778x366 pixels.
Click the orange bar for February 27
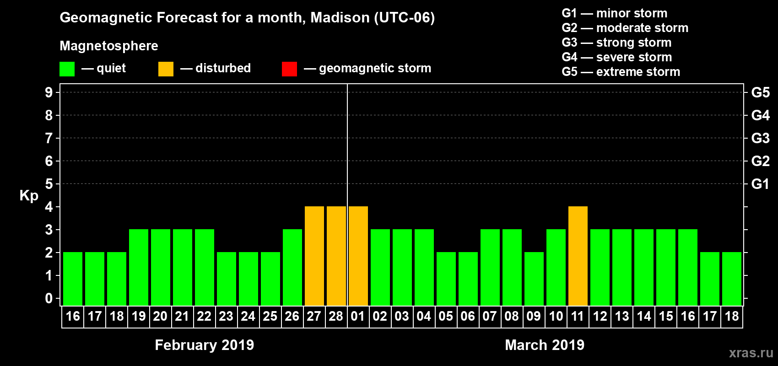click(314, 256)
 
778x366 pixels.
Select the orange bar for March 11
click(578, 256)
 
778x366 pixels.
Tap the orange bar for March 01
click(358, 256)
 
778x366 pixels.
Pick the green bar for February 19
click(138, 267)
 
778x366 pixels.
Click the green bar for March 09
click(534, 279)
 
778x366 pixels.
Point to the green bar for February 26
click(292, 267)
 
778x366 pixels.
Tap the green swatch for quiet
click(67, 69)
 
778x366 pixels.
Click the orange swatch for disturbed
click(166, 69)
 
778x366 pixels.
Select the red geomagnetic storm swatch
click(289, 69)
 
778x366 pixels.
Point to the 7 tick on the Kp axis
click(49, 138)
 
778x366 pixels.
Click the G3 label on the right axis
click(760, 138)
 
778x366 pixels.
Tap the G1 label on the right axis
click(760, 184)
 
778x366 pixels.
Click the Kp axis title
click(29, 195)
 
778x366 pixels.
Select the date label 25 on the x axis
click(270, 316)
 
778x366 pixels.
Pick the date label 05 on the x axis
click(446, 316)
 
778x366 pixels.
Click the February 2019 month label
click(204, 345)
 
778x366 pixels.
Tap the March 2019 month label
click(545, 345)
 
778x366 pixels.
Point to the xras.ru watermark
click(751, 353)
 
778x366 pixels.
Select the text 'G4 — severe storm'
click(617, 57)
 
